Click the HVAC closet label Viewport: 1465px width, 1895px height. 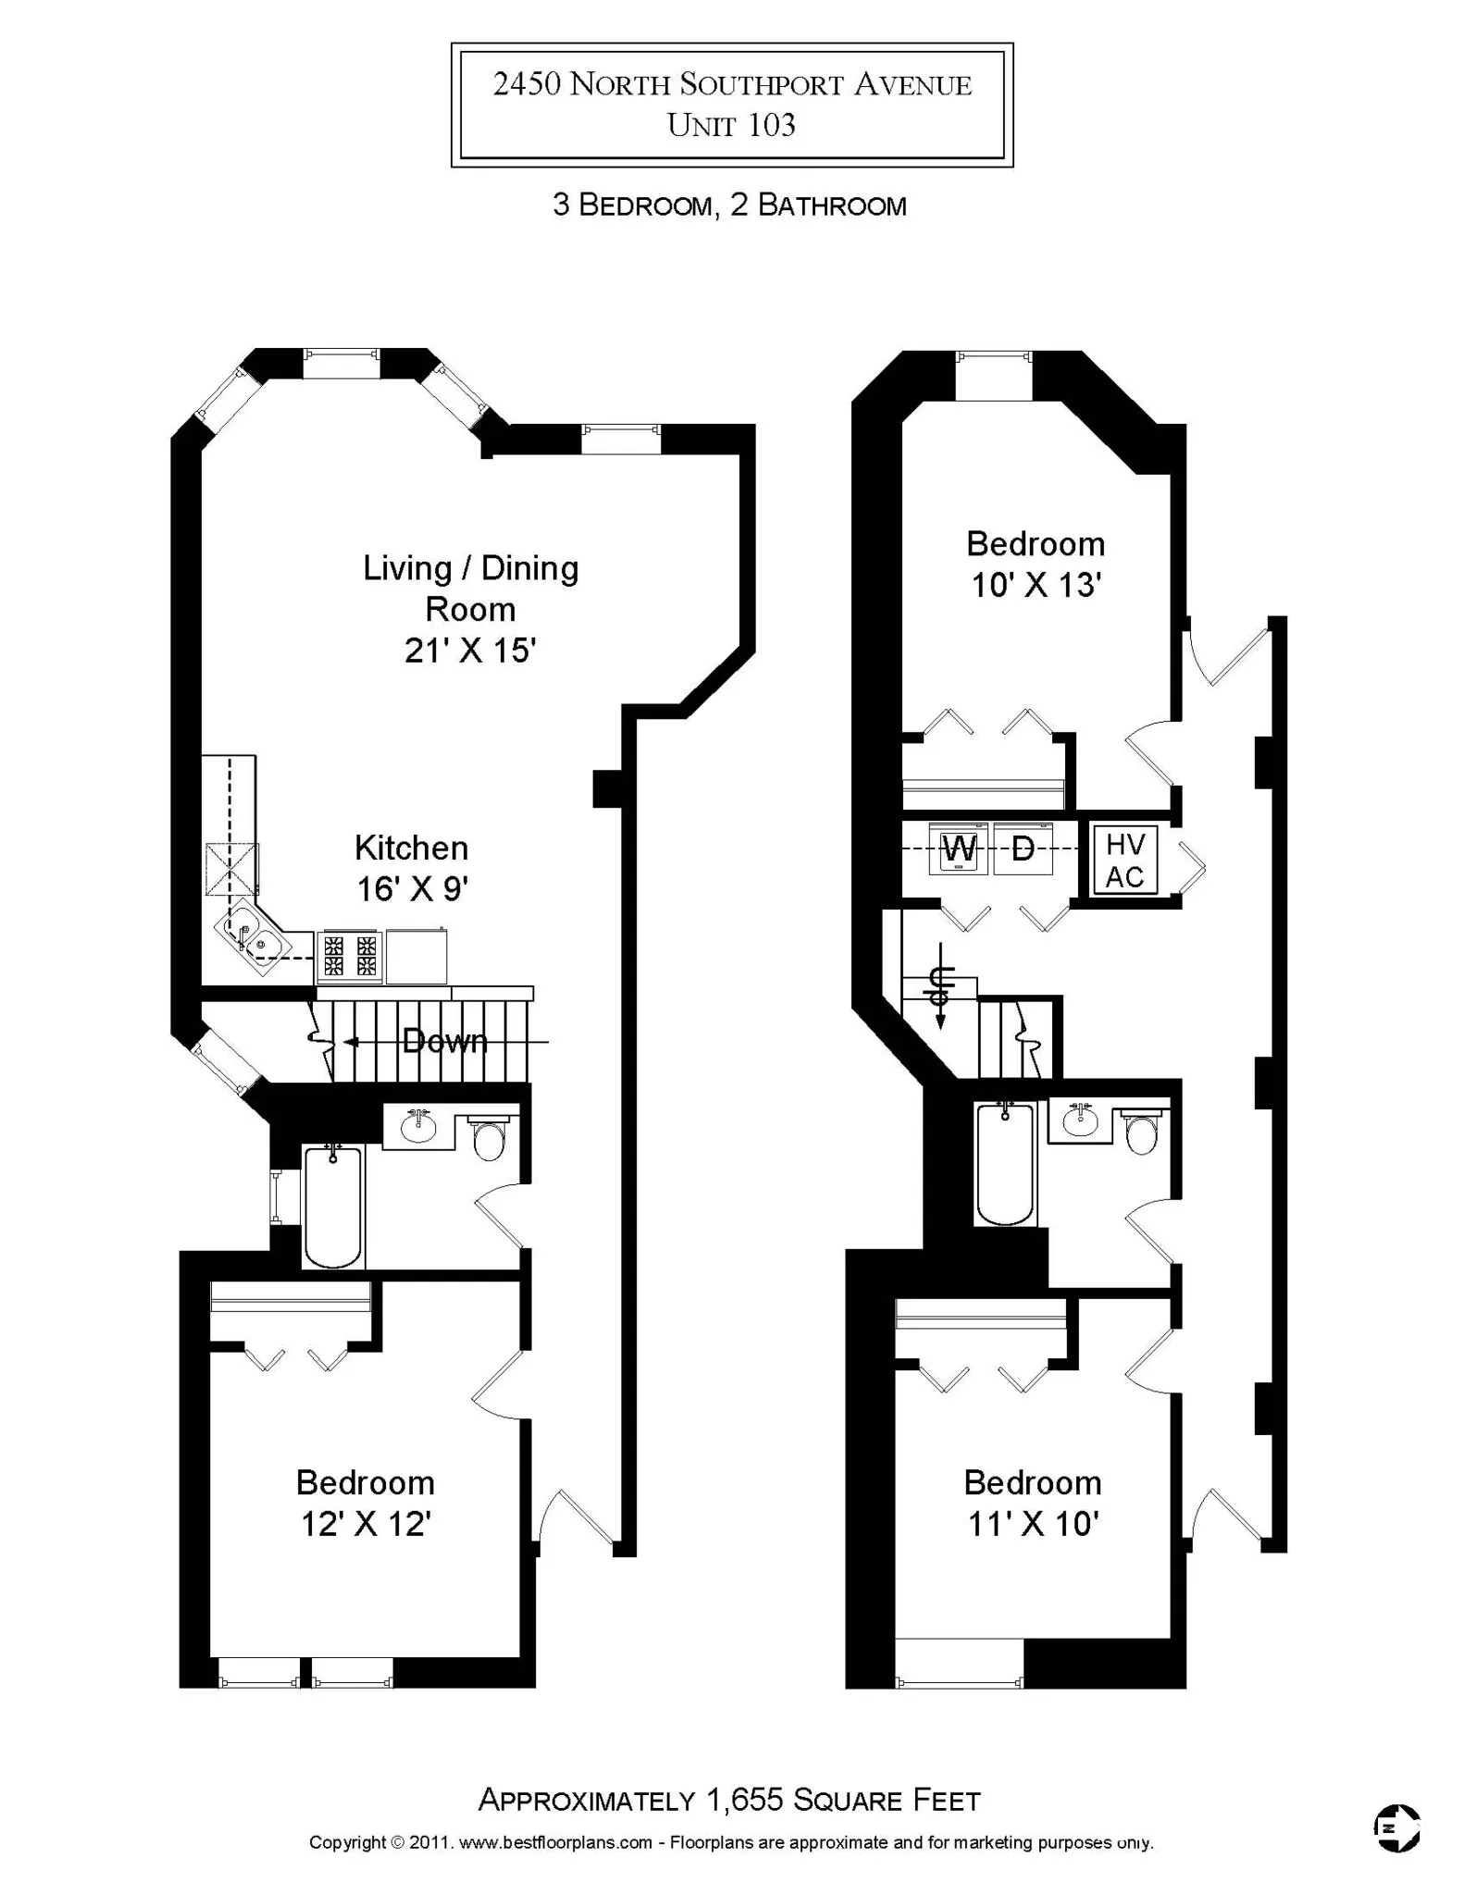point(1124,861)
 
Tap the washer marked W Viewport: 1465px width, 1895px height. point(959,848)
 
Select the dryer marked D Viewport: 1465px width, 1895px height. point(1023,848)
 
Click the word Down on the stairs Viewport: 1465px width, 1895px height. point(445,1042)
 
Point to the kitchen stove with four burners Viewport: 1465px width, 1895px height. point(350,957)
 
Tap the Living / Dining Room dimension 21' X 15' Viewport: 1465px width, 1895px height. point(470,650)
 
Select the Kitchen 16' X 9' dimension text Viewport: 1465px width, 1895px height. point(412,888)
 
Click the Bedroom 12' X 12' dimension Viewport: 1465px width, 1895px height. point(366,1524)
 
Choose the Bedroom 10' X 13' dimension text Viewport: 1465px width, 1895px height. point(1035,585)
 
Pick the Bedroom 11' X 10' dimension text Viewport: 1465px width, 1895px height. point(1033,1524)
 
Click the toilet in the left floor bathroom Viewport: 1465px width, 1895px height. point(489,1139)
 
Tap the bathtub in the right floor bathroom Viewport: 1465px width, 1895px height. point(1005,1164)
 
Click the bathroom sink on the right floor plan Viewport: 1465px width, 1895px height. point(1079,1122)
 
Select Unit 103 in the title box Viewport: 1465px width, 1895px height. point(731,125)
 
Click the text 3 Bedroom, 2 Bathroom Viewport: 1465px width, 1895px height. point(729,204)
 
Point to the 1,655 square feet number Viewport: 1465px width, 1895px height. point(745,1799)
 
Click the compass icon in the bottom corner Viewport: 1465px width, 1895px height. point(1396,1828)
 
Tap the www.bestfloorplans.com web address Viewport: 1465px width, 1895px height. point(555,1842)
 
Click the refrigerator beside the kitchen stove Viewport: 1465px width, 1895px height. point(416,956)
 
